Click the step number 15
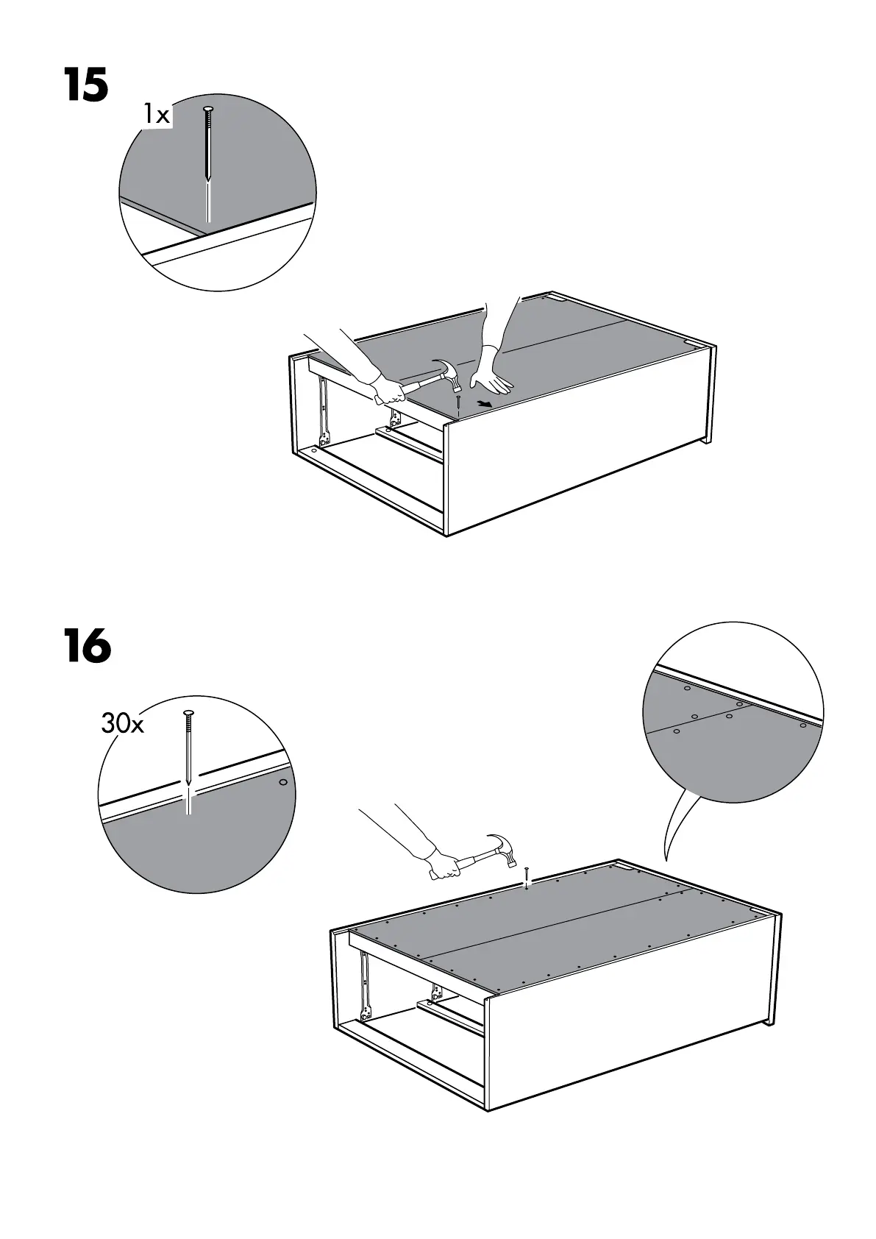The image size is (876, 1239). click(x=86, y=85)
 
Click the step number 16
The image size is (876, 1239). click(x=87, y=647)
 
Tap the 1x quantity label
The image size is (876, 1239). click(x=156, y=115)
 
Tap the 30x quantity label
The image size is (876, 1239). click(x=122, y=724)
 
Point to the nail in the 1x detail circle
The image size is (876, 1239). click(x=209, y=143)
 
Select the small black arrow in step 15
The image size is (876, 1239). click(x=483, y=403)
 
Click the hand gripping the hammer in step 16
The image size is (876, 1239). click(x=444, y=865)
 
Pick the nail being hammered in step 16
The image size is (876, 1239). click(x=527, y=879)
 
